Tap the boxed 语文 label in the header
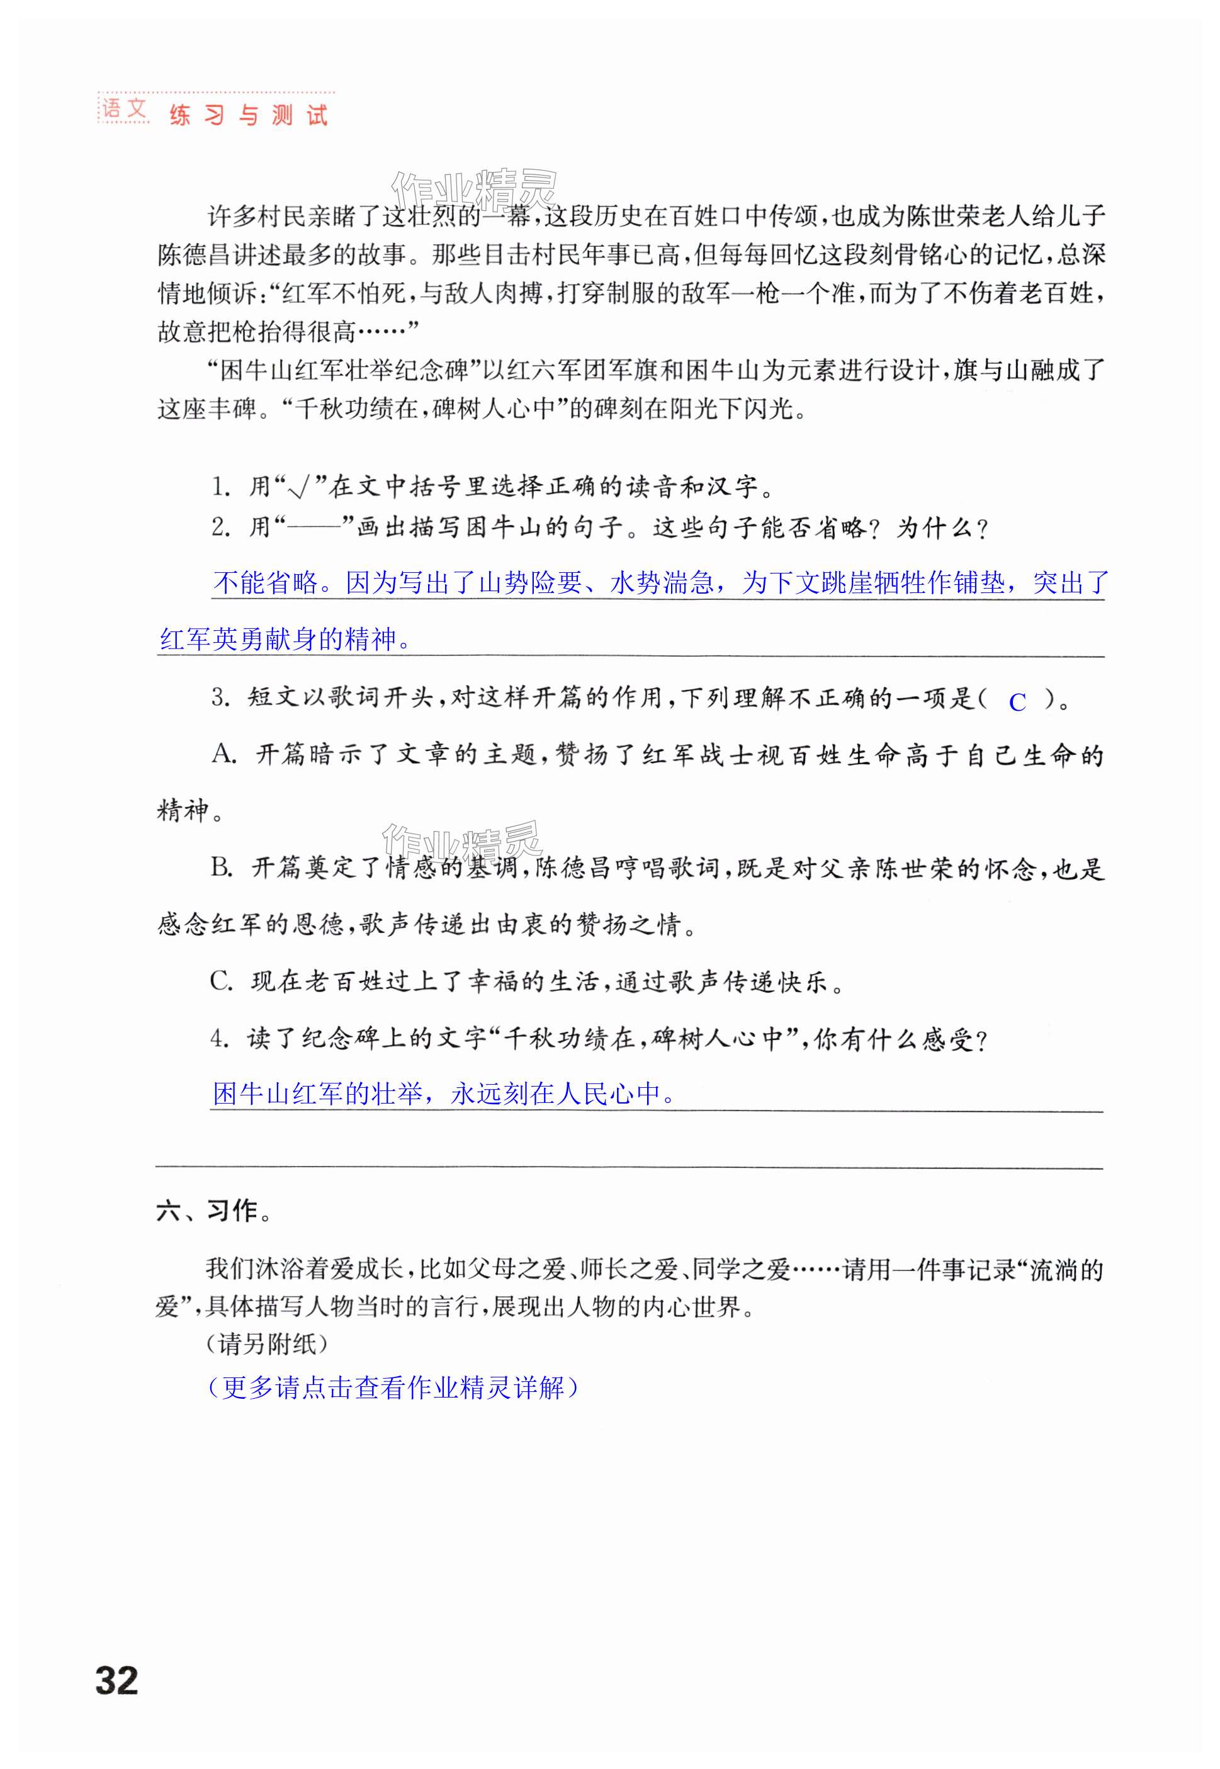tap(124, 110)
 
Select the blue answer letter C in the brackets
tap(1017, 702)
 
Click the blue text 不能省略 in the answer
tap(265, 584)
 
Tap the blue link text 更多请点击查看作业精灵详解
tap(392, 1388)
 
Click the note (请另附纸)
tap(267, 1344)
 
